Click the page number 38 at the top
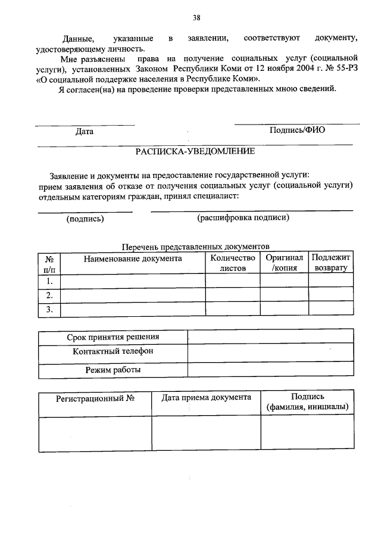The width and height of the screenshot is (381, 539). pyautogui.click(x=196, y=17)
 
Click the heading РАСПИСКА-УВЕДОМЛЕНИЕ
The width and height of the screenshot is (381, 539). pyautogui.click(x=195, y=151)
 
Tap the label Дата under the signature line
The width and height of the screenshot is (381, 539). pyautogui.click(x=84, y=132)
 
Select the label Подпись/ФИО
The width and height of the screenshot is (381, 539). pyautogui.click(x=297, y=130)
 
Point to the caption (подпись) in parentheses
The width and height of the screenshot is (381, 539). pyautogui.click(x=85, y=219)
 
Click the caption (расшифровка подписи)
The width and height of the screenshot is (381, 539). pyautogui.click(x=243, y=218)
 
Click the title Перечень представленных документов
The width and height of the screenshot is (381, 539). pyautogui.click(x=195, y=247)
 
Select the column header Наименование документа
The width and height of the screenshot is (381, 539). pyautogui.click(x=133, y=258)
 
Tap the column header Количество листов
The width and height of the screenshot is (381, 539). pyautogui.click(x=233, y=263)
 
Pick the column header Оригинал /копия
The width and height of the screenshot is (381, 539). pyautogui.click(x=284, y=263)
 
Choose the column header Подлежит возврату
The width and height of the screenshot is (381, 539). pyautogui.click(x=332, y=263)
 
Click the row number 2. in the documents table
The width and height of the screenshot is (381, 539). pyautogui.click(x=49, y=295)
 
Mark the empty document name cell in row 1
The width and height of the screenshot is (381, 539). pyautogui.click(x=133, y=281)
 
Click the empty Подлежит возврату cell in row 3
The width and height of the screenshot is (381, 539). pyautogui.click(x=332, y=309)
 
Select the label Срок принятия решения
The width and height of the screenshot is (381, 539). pyautogui.click(x=113, y=337)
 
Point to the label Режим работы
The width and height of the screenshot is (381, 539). pyautogui.click(x=113, y=370)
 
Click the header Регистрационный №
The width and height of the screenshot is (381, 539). pyautogui.click(x=95, y=398)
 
